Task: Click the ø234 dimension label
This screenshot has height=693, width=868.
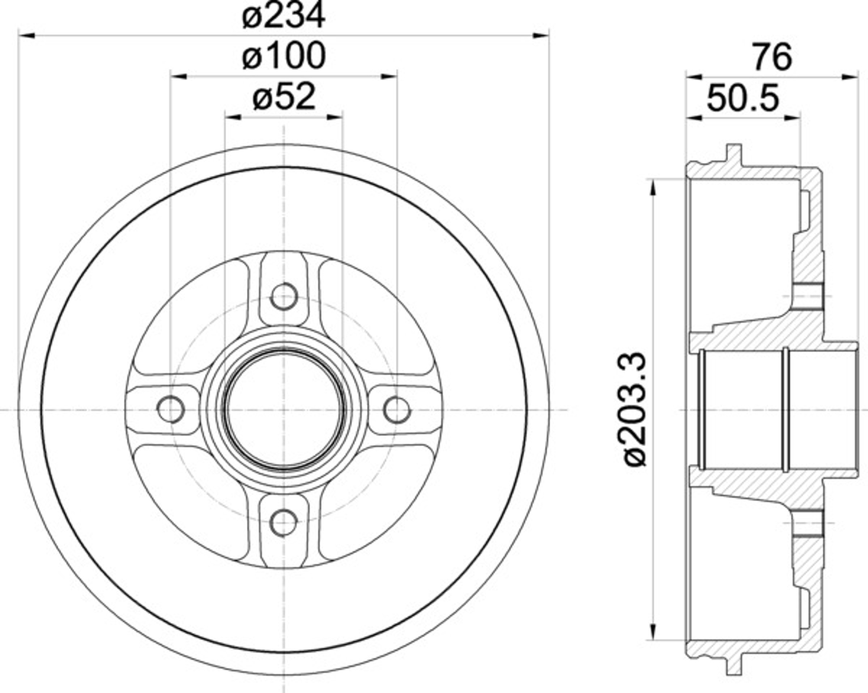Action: point(284,15)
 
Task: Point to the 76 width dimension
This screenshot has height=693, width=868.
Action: point(773,58)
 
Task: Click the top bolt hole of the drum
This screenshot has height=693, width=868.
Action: point(284,297)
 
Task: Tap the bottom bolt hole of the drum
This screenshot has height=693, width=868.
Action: point(284,523)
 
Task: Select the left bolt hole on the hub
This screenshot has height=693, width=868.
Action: point(171,409)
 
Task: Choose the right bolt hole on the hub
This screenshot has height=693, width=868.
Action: point(397,409)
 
